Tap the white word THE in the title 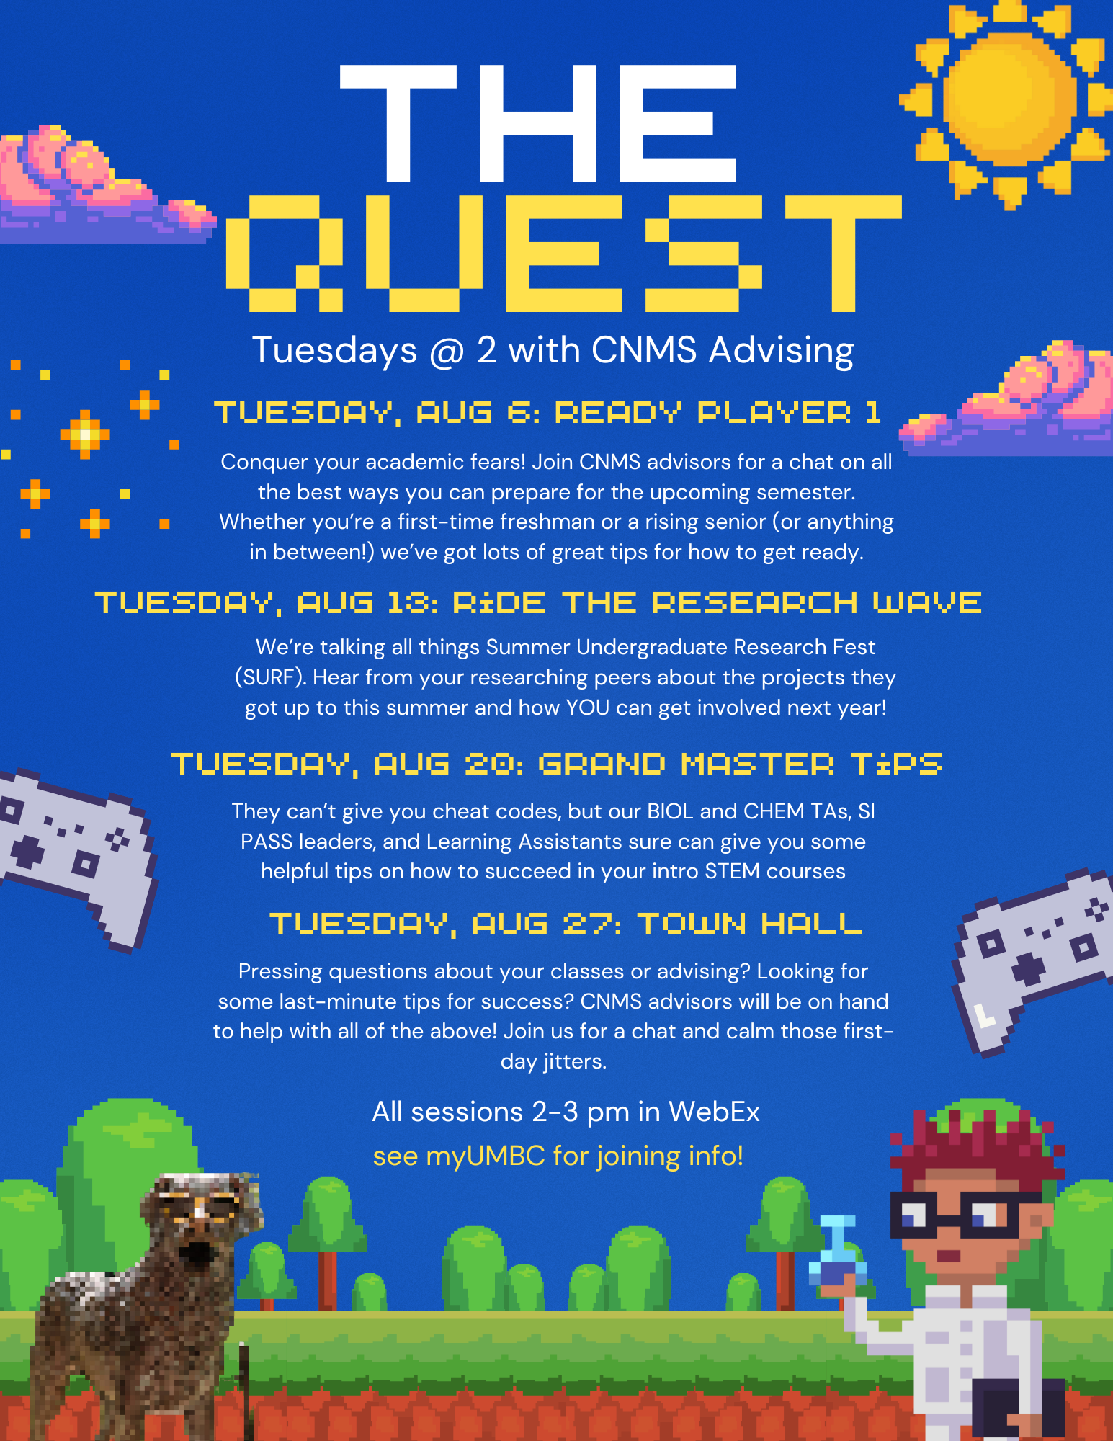538,123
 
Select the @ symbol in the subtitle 447,351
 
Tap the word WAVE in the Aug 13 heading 927,603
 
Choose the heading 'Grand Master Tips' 740,764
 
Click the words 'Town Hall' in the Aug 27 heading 749,924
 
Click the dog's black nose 196,1255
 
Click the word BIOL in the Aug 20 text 671,811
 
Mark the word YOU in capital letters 588,708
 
